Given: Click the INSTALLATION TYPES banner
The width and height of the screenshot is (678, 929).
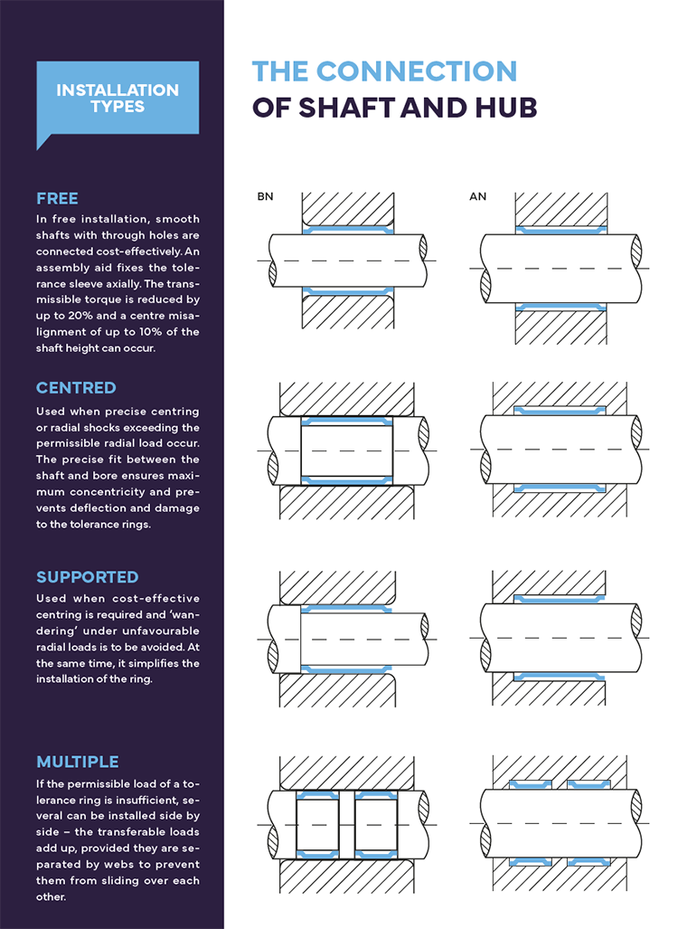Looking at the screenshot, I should [x=117, y=98].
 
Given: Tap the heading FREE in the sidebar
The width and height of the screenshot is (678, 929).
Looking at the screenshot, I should [x=57, y=198].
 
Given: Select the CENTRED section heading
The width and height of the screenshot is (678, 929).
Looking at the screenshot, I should [x=76, y=388].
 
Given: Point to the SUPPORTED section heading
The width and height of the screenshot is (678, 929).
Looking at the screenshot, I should [x=88, y=577].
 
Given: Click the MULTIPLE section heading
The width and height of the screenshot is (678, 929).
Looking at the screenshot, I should [x=78, y=762].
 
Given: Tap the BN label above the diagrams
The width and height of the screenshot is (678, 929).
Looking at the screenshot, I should [x=264, y=195].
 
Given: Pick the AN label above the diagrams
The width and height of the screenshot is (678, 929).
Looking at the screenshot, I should [x=477, y=195].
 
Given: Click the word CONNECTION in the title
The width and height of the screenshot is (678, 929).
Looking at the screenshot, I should [x=416, y=71].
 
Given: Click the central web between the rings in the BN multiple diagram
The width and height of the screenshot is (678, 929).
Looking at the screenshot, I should [x=347, y=824].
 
